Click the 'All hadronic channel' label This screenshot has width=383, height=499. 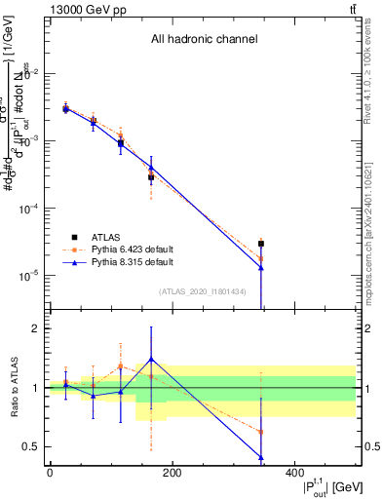[204, 40]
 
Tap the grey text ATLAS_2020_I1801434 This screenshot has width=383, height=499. [203, 290]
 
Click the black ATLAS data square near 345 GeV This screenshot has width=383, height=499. [261, 244]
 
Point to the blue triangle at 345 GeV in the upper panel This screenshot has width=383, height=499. [261, 267]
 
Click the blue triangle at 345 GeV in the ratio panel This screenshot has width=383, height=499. [261, 457]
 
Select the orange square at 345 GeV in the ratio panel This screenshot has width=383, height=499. [261, 432]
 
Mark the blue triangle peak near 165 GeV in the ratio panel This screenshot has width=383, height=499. [151, 360]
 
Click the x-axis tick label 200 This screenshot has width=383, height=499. [172, 473]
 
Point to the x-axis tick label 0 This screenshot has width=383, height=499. [50, 473]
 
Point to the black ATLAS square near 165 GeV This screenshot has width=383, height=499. [151, 177]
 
